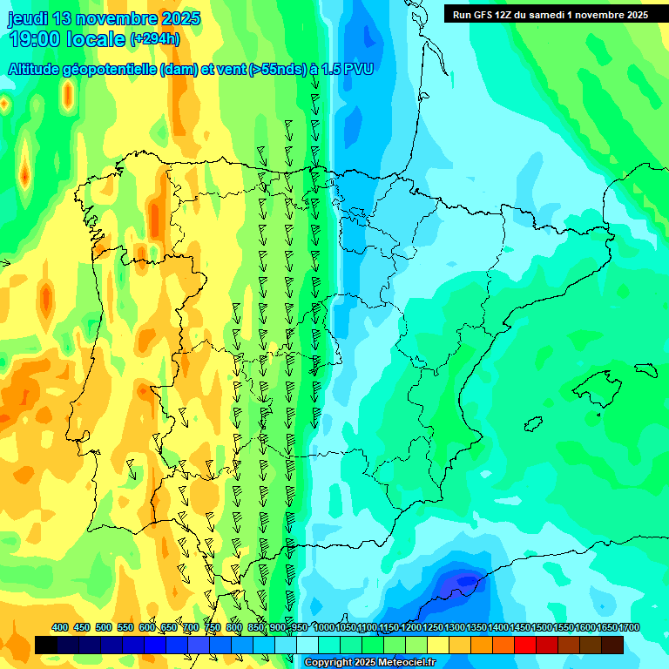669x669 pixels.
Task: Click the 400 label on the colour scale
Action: click(60, 627)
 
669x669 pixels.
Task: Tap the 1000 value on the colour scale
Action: click(324, 627)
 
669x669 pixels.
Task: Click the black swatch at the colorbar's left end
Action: click(46, 645)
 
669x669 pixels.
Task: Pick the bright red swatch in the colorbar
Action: click(525, 645)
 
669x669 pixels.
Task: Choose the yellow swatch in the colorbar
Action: click(438, 645)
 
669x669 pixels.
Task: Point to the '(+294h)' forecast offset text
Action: click(155, 38)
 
